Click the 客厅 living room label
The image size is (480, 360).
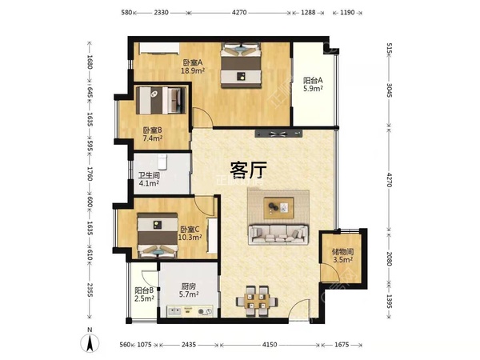tap(248, 170)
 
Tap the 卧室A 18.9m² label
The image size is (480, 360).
tap(193, 67)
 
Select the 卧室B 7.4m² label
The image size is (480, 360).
tap(153, 134)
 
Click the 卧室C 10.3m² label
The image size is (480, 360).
tap(190, 233)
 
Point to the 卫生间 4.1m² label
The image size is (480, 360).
tap(149, 181)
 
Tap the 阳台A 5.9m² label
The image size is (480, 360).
tap(313, 85)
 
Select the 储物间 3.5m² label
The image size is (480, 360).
tap(343, 255)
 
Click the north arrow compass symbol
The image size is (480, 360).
tap(92, 342)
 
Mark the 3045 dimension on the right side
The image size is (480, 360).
tap(390, 88)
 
